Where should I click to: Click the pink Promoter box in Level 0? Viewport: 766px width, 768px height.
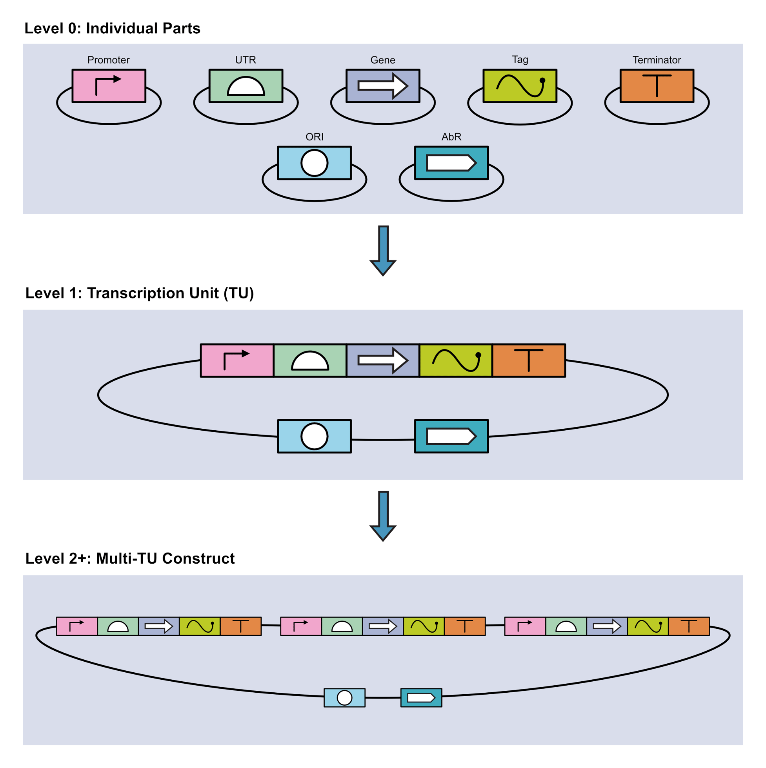click(x=109, y=86)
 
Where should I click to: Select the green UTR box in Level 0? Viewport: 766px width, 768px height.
click(x=246, y=86)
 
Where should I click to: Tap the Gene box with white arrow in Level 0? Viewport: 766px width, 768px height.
click(x=382, y=86)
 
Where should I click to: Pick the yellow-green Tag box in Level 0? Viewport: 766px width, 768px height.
click(x=520, y=86)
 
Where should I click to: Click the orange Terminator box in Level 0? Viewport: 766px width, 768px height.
click(x=657, y=86)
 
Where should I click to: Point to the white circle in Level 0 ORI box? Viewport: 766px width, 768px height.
click(x=314, y=163)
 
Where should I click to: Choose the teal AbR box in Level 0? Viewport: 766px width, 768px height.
click(x=451, y=163)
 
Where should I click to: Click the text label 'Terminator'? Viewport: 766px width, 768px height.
click(x=656, y=60)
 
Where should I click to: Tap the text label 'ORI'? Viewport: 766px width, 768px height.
click(x=314, y=137)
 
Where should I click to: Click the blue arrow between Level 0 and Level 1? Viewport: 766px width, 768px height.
click(x=383, y=250)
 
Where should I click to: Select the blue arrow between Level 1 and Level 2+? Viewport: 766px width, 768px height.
click(x=383, y=516)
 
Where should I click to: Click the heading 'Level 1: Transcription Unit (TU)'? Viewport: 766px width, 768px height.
click(x=139, y=293)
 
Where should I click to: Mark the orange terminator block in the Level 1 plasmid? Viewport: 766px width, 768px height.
click(x=528, y=360)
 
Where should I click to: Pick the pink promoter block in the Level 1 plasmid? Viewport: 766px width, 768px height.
click(x=237, y=360)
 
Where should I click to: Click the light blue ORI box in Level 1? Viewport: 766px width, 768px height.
click(x=314, y=436)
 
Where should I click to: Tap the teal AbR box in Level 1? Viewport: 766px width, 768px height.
click(x=451, y=436)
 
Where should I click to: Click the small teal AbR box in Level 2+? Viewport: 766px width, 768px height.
click(x=421, y=698)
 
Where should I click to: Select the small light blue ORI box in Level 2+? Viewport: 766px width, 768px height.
click(x=344, y=698)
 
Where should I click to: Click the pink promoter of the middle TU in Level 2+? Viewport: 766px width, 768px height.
click(x=301, y=626)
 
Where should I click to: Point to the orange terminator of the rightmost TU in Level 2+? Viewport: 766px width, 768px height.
click(x=688, y=626)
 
